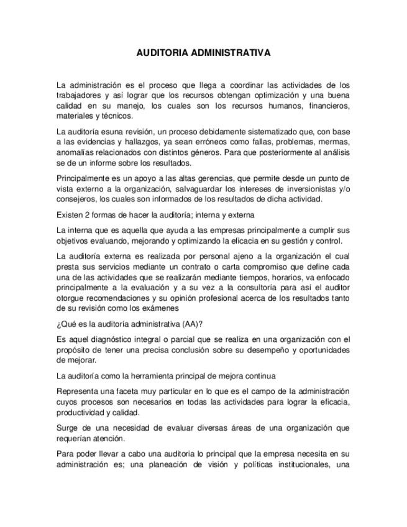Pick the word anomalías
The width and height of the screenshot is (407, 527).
(x=75, y=152)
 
